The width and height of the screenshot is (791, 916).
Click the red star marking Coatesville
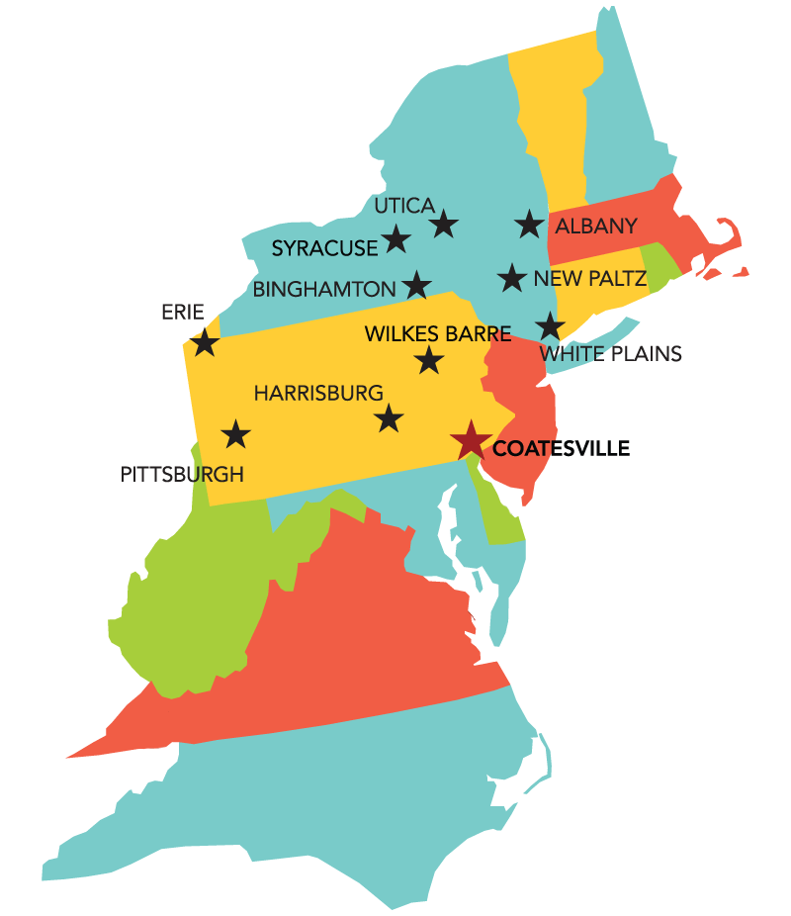[471, 440]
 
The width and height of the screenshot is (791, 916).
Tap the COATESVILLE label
[561, 448]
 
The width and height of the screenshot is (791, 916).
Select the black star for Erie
[205, 342]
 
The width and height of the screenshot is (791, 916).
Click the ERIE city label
[182, 313]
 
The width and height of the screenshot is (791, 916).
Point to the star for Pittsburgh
[235, 433]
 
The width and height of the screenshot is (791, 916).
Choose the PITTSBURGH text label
[182, 474]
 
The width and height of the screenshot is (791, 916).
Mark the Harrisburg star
[390, 417]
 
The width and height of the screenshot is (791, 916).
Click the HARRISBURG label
[317, 393]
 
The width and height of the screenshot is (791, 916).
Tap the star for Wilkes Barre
[428, 359]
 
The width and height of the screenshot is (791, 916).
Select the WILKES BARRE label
[438, 333]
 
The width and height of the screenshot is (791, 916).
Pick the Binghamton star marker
[417, 285]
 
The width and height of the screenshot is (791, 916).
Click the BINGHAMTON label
[324, 290]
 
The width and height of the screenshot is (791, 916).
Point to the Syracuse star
[396, 237]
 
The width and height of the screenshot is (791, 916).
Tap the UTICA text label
[404, 206]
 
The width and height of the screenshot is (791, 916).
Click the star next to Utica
[444, 224]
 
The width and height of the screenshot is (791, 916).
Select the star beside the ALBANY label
[531, 224]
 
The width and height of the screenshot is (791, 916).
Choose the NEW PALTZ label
[589, 279]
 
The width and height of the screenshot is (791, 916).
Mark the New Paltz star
[511, 277]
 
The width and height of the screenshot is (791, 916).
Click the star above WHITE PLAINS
[550, 325]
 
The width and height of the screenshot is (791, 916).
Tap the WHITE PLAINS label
[610, 353]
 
